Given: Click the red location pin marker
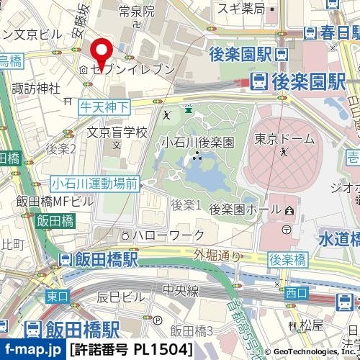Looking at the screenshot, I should tap(103, 51).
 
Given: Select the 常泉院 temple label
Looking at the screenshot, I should tap(137, 12).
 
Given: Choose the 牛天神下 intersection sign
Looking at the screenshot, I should tap(104, 107).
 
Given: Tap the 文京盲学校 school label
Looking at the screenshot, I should tap(117, 132).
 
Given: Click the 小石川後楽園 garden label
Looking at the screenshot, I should tap(197, 142).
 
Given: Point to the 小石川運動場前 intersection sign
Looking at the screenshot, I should tap(94, 184).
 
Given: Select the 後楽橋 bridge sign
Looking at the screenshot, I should tap(287, 258).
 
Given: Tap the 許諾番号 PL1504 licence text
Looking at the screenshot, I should tap(132, 350).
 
